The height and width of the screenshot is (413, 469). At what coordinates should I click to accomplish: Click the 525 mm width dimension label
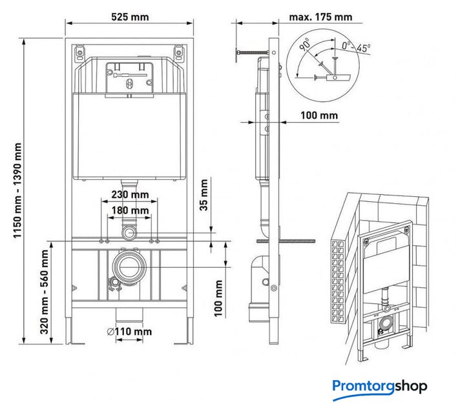point(130,17)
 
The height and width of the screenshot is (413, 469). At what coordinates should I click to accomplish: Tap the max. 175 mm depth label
point(320,17)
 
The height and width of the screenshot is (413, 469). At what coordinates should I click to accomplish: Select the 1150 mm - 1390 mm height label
point(17,190)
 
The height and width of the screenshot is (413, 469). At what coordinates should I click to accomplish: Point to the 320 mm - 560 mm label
point(45,292)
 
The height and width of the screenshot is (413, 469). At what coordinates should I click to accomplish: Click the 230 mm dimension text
point(130,194)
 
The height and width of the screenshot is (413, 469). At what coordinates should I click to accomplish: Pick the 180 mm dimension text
point(130,210)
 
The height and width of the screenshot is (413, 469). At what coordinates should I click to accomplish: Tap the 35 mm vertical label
point(203,195)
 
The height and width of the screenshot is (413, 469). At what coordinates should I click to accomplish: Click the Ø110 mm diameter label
point(129,332)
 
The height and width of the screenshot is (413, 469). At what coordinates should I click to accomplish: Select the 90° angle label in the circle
point(305,45)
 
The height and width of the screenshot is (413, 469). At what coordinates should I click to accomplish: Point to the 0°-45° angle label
point(356,47)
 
